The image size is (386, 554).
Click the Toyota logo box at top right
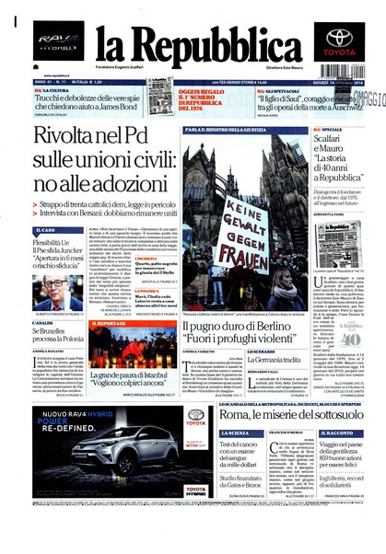coord(340,42)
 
